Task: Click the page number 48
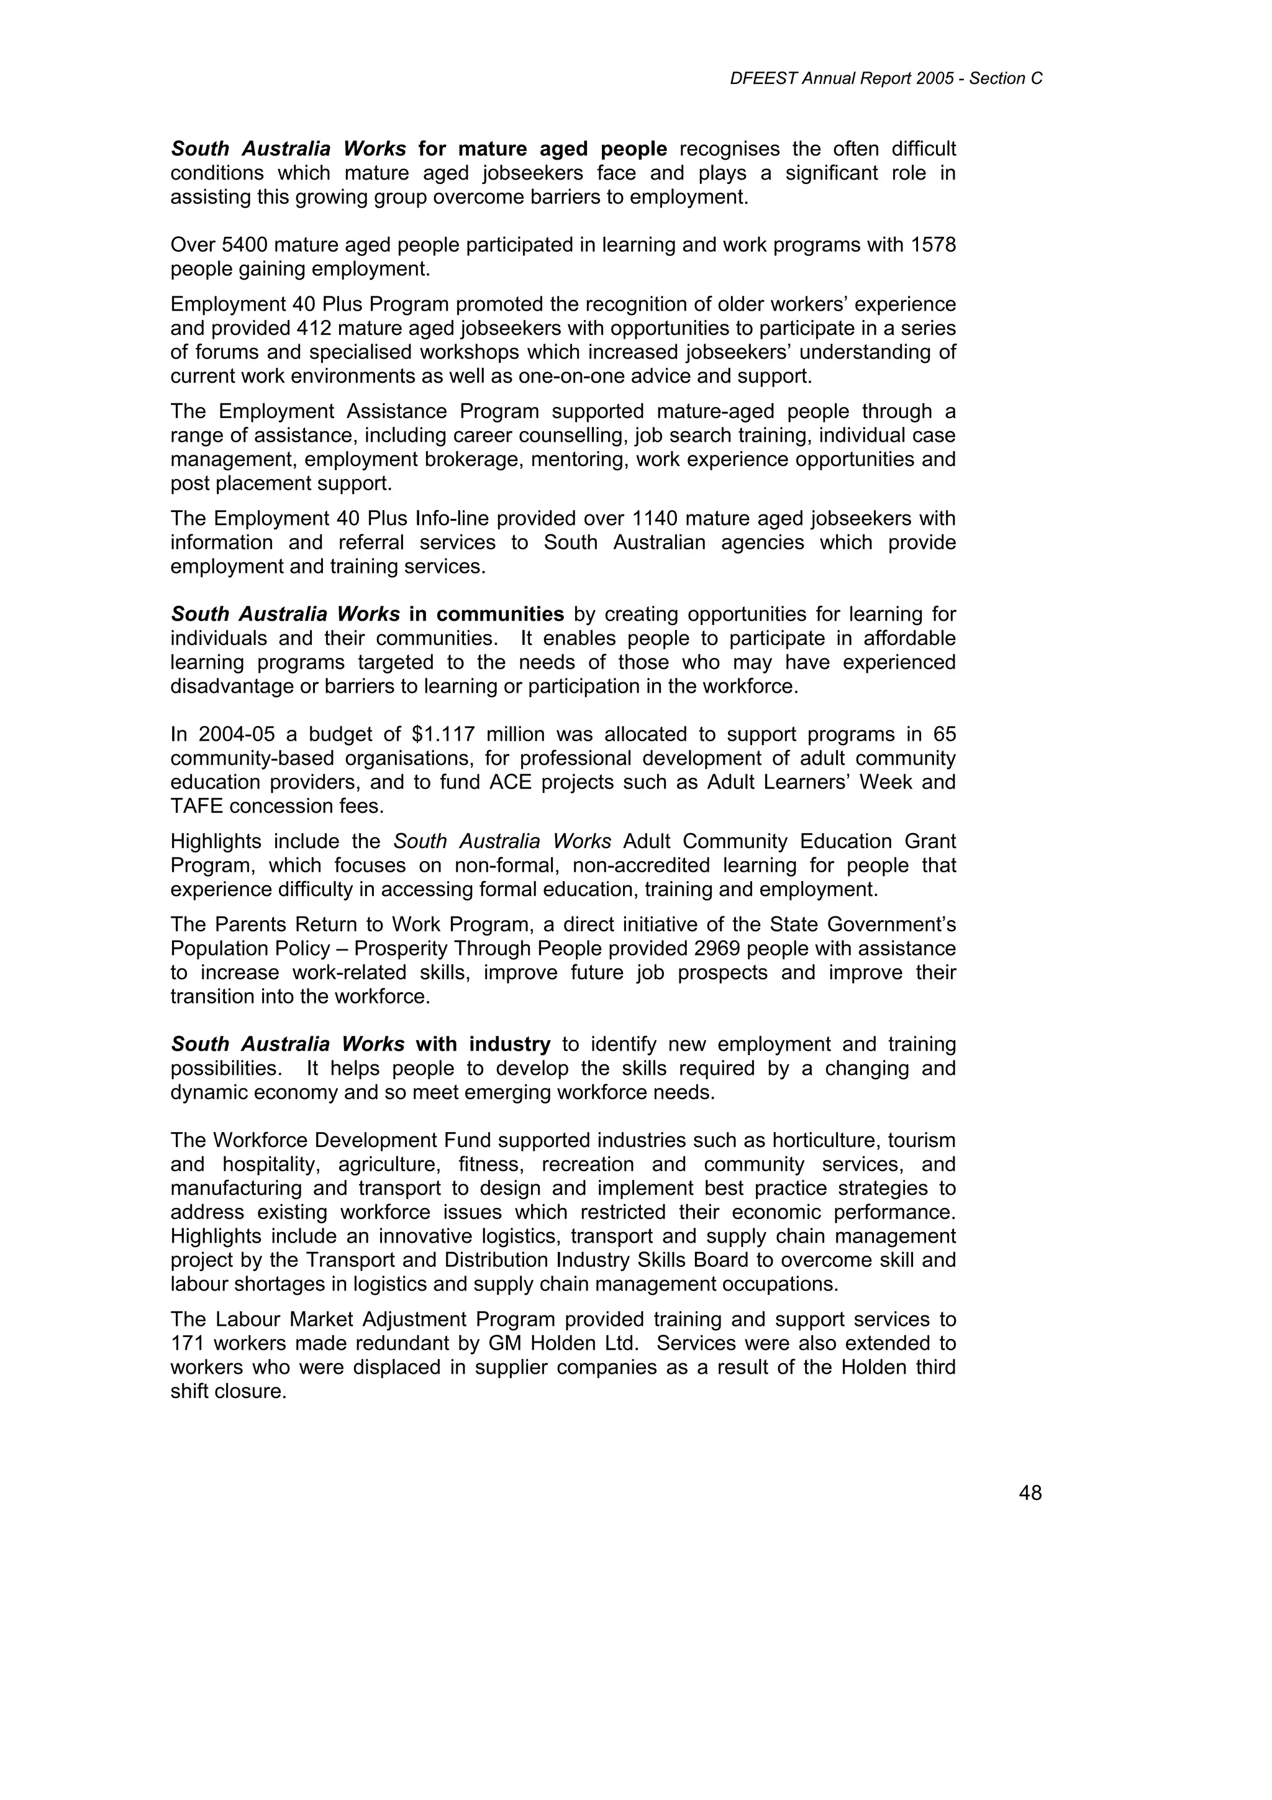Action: point(1030,1494)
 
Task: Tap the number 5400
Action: point(245,245)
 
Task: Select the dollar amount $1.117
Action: point(443,734)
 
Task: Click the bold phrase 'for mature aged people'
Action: point(542,149)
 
